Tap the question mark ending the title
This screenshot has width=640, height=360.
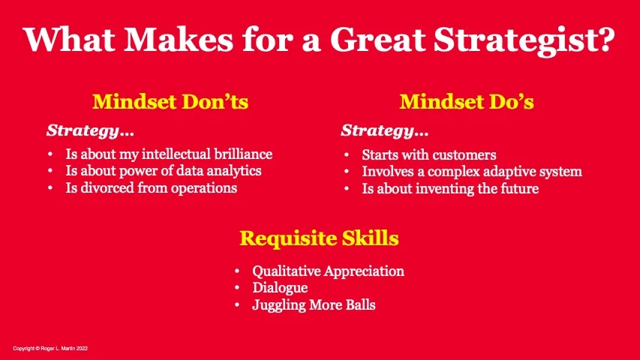[606, 39]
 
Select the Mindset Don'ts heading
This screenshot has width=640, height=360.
[170, 102]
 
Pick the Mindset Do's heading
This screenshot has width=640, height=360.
[467, 102]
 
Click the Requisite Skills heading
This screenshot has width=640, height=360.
[319, 238]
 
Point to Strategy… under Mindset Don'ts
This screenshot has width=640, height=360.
[90, 130]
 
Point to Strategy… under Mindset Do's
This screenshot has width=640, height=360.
[385, 130]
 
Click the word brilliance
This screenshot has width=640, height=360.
[243, 154]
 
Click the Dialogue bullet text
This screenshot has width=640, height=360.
[280, 288]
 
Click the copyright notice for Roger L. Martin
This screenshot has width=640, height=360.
[50, 349]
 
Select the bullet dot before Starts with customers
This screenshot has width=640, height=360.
[347, 155]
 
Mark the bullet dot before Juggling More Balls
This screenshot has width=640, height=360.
[237, 305]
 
